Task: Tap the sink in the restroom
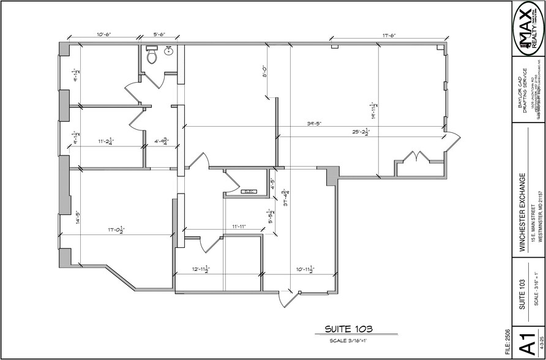[168, 53]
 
